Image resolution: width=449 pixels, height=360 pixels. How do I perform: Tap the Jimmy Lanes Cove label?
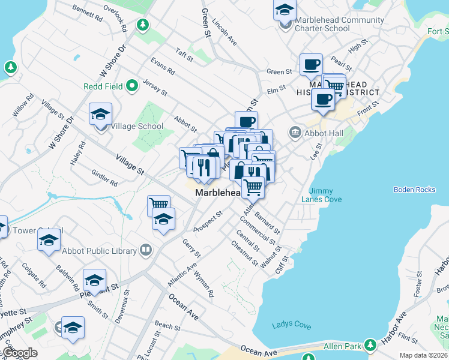coord(325,195)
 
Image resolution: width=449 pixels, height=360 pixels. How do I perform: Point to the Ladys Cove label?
coord(291,325)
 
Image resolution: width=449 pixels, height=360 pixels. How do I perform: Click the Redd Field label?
coord(103,86)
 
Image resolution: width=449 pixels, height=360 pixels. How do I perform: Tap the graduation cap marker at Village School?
coord(100,113)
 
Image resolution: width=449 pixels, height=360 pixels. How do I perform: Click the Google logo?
coord(19,353)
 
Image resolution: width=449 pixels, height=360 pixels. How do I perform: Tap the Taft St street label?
coord(184,55)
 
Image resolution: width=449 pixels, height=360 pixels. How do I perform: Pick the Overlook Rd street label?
coord(115,18)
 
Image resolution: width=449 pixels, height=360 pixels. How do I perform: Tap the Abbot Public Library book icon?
coord(145,249)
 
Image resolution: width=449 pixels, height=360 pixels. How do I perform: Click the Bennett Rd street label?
coord(87,13)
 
